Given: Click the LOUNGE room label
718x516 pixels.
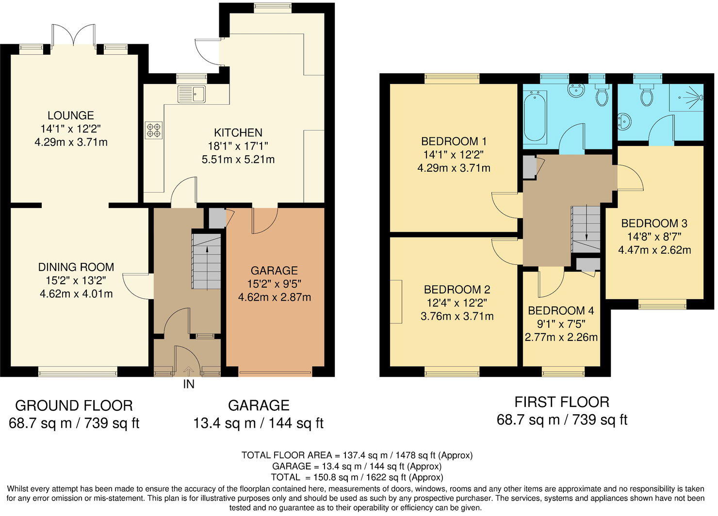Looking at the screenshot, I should [71, 115].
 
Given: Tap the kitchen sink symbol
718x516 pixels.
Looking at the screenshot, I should [192, 94].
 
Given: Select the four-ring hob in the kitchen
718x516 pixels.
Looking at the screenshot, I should [154, 129].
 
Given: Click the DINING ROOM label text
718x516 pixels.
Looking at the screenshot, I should [76, 267].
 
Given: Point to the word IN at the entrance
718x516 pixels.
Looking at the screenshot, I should [188, 385].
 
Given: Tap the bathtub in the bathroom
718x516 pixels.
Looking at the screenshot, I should [535, 117].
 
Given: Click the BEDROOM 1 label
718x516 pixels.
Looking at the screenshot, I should [454, 142].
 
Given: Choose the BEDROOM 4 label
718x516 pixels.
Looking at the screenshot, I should [561, 310].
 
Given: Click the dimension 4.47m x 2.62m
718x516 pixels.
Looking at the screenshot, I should [654, 250].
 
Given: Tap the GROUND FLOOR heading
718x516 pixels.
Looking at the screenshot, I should [74, 405].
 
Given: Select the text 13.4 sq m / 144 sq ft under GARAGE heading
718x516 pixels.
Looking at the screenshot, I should [258, 423].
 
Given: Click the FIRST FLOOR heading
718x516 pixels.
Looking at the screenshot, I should [562, 402].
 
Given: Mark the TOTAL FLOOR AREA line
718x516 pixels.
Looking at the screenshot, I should [357, 455].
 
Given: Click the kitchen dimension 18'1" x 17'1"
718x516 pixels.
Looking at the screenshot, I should [238, 145].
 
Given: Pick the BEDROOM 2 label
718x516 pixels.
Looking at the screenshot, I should [457, 290].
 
